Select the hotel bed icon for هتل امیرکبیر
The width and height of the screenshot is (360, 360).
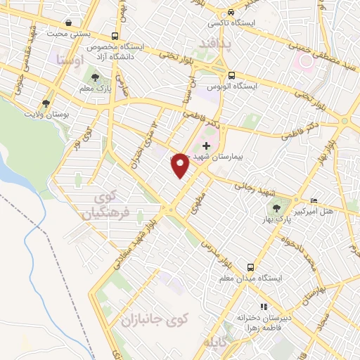pyautogui.click(x=314, y=200)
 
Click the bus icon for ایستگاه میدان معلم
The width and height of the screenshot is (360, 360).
pyautogui.click(x=250, y=267)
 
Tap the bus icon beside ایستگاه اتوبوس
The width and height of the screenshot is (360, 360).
pyautogui.click(x=231, y=76)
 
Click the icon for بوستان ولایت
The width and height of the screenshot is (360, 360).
pyautogui.click(x=46, y=103)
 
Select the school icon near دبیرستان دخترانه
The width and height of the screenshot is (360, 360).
pyautogui.click(x=264, y=307)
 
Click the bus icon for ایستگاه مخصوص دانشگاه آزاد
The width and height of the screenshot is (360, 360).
pyautogui.click(x=115, y=37)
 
